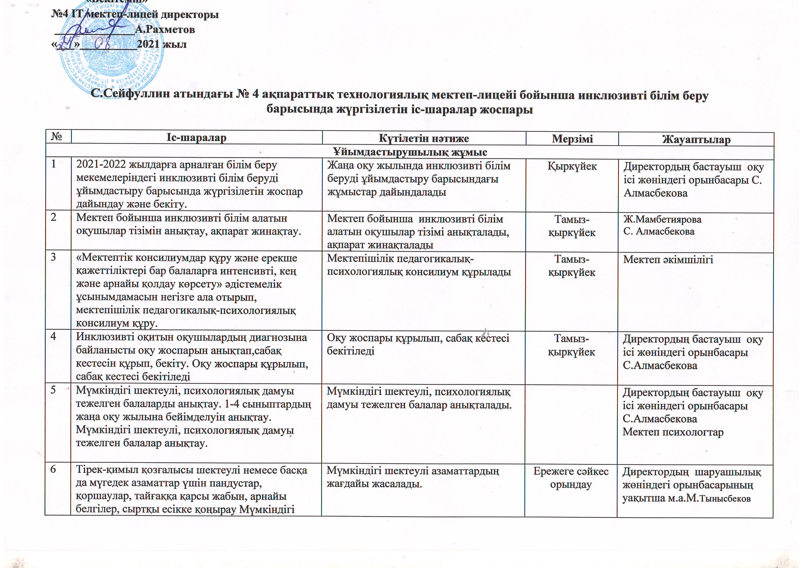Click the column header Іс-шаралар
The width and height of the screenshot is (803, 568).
[196, 138]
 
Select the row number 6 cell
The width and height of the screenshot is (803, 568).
[54, 469]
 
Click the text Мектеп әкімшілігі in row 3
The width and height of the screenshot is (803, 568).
[668, 259]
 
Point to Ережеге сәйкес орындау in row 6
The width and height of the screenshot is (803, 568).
[571, 478]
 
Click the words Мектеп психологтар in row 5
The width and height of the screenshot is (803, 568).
[673, 432]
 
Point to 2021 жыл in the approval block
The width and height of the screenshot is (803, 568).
[162, 44]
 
